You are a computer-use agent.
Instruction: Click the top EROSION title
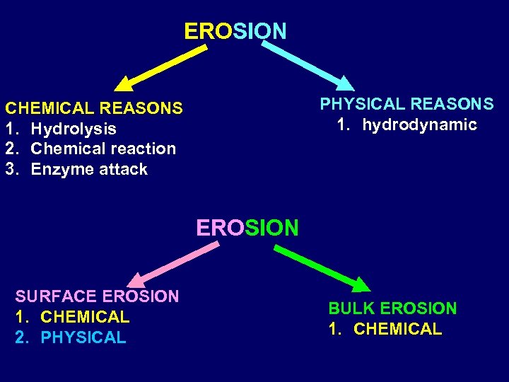[235, 31]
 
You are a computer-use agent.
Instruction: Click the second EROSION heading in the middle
[247, 228]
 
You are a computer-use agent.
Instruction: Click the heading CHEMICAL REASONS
[94, 108]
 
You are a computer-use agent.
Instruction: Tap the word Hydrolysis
[74, 129]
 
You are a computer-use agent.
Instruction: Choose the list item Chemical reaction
[103, 149]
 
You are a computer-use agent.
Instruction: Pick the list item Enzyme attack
[89, 169]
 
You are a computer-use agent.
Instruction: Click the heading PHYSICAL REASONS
[406, 104]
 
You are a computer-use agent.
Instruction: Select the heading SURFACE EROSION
[98, 296]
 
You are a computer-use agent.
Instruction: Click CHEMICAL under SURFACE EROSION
[85, 317]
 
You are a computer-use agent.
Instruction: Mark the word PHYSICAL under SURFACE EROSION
[83, 337]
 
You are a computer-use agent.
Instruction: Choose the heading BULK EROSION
[392, 308]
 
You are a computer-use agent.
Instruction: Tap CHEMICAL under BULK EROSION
[397, 329]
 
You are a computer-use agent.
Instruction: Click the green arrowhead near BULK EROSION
[361, 284]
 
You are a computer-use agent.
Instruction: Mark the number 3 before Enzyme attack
[11, 169]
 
